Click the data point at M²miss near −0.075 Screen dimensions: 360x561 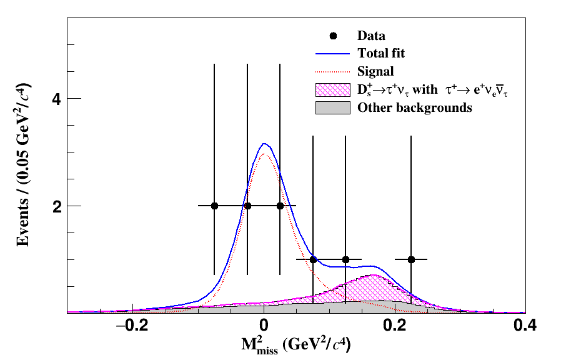pyautogui.click(x=215, y=206)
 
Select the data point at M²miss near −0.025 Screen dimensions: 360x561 pyautogui.click(x=247, y=206)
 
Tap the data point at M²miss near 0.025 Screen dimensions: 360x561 pyautogui.click(x=280, y=206)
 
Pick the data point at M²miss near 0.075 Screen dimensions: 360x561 pyautogui.click(x=313, y=259)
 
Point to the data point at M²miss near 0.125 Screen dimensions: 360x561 pyautogui.click(x=345, y=259)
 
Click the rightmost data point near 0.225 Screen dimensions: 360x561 pyautogui.click(x=411, y=259)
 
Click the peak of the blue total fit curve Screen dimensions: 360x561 pyautogui.click(x=264, y=144)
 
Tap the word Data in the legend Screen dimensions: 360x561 pyautogui.click(x=371, y=36)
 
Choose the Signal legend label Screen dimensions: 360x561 pyautogui.click(x=375, y=71)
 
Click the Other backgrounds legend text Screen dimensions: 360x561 pyautogui.click(x=414, y=108)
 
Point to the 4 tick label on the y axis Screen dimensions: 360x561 pyautogui.click(x=56, y=99)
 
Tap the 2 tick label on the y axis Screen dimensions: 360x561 pyautogui.click(x=56, y=206)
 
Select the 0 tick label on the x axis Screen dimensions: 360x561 pyautogui.click(x=264, y=326)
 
